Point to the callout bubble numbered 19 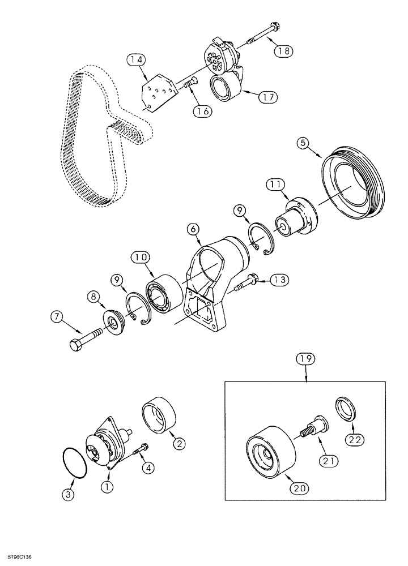coord(306,358)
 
